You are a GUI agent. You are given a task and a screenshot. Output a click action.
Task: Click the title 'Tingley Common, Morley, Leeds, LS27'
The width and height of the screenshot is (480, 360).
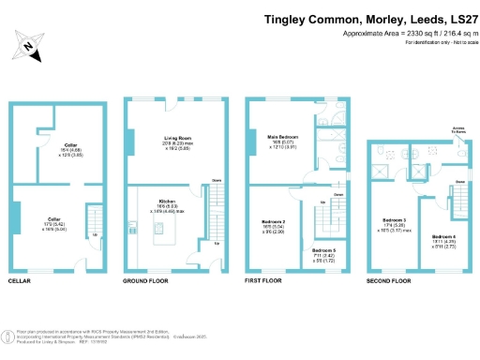click(x=369, y=18)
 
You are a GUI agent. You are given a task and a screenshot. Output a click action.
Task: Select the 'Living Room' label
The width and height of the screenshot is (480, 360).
click(x=170, y=137)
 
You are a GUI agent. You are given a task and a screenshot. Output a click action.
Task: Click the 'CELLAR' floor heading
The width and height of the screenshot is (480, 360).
click(x=22, y=280)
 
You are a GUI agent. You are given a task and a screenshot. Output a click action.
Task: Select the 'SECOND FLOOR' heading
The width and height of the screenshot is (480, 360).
click(x=388, y=280)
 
